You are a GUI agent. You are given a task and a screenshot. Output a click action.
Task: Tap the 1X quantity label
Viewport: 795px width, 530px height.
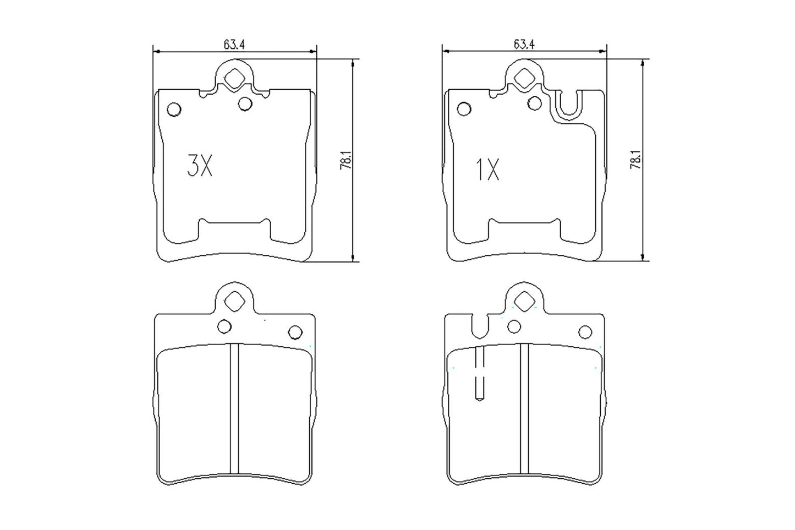click(x=487, y=171)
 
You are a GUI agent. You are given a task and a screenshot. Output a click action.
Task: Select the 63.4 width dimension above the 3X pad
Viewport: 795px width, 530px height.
click(x=234, y=45)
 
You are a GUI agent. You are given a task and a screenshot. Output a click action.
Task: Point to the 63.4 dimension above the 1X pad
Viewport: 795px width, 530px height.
click(x=524, y=45)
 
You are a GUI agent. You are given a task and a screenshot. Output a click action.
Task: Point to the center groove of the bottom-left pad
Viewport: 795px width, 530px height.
click(x=235, y=407)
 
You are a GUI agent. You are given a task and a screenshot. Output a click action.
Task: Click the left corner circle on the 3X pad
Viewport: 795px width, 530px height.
click(x=174, y=110)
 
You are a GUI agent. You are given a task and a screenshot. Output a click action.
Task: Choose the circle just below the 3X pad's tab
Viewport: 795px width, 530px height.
click(x=245, y=103)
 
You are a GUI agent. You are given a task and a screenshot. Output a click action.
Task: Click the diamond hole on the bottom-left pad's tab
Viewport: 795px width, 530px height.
click(x=235, y=301)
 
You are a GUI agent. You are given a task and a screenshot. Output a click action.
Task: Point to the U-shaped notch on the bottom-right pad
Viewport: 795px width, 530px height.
click(x=480, y=326)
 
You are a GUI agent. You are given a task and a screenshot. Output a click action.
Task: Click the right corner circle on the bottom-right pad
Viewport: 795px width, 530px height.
click(x=585, y=331)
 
